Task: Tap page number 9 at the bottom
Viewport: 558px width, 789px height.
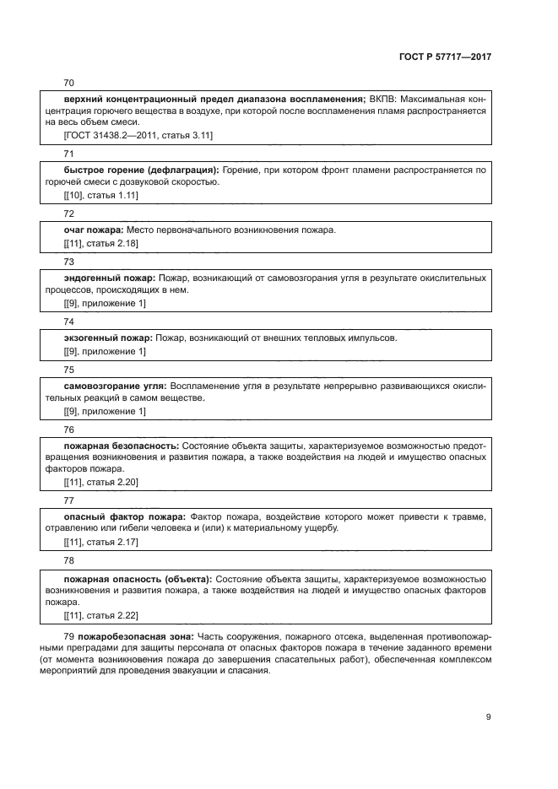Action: tap(488, 717)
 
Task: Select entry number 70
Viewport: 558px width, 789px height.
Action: tap(68, 83)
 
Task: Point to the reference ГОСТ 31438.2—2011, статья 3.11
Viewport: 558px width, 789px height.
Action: tap(138, 135)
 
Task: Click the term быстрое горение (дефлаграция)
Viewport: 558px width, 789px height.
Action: tap(141, 170)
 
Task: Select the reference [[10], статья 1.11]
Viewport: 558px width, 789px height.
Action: tap(101, 195)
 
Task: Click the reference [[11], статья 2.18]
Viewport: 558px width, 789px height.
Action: tap(101, 243)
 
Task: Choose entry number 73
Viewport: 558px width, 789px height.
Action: tap(68, 262)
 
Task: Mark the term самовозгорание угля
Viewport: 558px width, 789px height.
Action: tap(114, 385)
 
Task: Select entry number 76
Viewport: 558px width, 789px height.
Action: tap(68, 430)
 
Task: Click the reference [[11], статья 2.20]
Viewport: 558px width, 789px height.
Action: tap(101, 482)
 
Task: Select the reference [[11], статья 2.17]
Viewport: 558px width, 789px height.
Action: tap(101, 542)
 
